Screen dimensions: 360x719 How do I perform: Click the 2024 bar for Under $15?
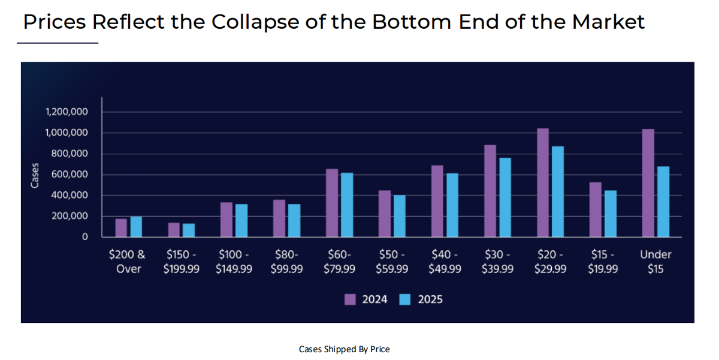(x=648, y=183)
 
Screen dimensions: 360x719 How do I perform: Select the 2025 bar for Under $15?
(x=663, y=201)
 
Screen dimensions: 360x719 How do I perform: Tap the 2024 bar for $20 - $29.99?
(x=543, y=183)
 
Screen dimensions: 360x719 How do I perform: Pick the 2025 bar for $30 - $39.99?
(x=505, y=197)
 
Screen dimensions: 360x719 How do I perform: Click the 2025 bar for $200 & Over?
(x=136, y=226)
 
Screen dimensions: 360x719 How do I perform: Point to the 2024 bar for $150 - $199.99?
(x=174, y=229)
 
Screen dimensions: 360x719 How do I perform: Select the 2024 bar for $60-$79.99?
(x=332, y=202)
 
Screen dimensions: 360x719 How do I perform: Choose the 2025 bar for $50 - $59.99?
(x=400, y=216)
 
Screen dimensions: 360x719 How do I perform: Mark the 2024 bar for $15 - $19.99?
(x=595, y=209)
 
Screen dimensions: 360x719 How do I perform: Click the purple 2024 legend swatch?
(x=350, y=300)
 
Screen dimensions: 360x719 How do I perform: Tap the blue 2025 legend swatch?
(x=405, y=300)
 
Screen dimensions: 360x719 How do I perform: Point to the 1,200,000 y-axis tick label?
(x=67, y=112)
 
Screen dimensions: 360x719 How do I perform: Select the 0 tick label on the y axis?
(x=84, y=237)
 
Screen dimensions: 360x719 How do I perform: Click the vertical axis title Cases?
(x=35, y=175)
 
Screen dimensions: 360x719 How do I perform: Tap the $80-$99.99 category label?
(x=286, y=262)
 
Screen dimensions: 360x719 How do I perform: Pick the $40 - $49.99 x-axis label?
(x=445, y=262)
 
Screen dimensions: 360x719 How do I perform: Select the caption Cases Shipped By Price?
(x=344, y=349)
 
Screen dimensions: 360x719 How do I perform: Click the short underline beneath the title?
(x=58, y=43)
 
